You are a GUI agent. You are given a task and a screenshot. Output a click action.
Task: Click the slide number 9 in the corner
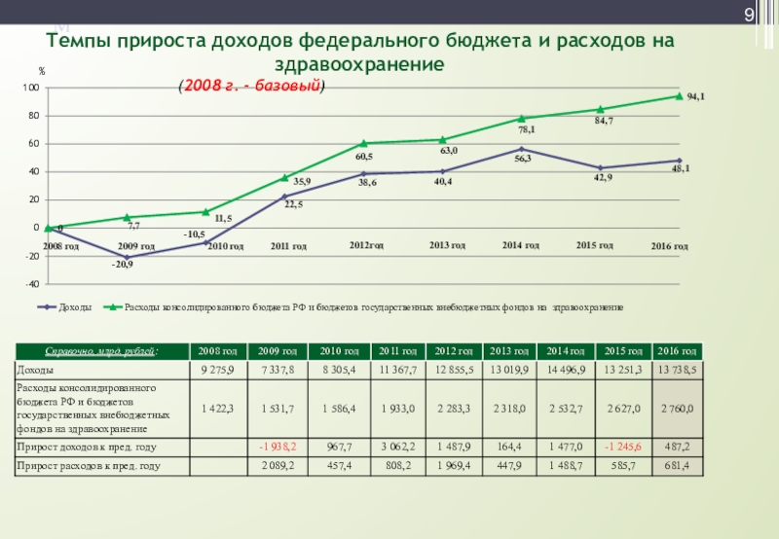click(x=749, y=15)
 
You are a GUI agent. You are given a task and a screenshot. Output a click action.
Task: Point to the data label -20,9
click(x=122, y=265)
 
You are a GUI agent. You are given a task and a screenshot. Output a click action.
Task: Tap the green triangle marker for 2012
click(x=363, y=143)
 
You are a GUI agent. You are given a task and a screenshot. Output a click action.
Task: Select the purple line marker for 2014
click(x=522, y=149)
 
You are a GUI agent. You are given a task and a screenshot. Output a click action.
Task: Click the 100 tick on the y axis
click(x=30, y=89)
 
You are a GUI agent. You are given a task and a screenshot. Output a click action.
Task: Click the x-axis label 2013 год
click(x=447, y=245)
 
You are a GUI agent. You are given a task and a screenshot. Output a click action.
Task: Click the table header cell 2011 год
click(x=397, y=350)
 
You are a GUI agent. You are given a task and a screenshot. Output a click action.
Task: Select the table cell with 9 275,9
click(x=218, y=370)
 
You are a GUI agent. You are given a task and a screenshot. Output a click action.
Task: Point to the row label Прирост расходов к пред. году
click(x=89, y=466)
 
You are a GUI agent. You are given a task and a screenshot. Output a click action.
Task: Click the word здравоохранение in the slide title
click(x=359, y=65)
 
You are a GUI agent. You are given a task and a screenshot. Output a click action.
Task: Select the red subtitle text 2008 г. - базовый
click(x=251, y=86)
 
